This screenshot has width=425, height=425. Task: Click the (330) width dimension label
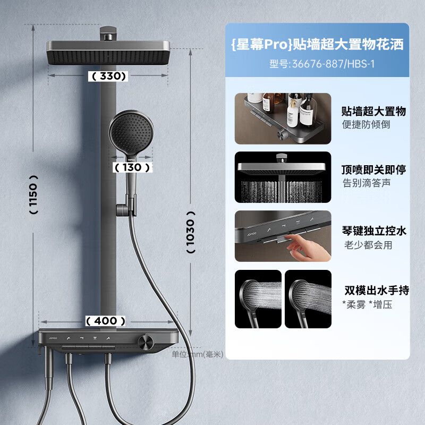point(108,76)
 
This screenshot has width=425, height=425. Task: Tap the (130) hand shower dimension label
point(131,167)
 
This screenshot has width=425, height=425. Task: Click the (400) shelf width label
point(106,321)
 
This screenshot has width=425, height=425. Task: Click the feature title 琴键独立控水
point(374,231)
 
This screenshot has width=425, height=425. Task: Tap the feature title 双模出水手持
point(376,291)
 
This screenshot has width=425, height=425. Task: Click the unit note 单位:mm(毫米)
point(198,354)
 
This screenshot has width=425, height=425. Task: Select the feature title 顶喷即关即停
point(374,170)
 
